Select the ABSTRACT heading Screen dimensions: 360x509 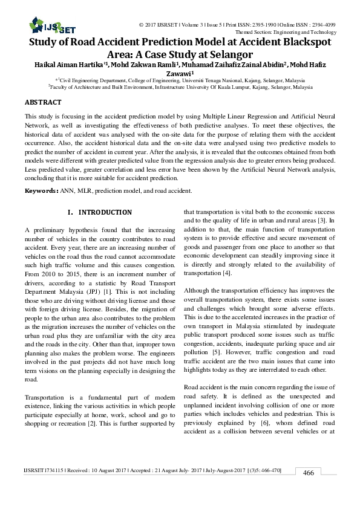click(43, 103)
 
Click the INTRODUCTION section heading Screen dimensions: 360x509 click(105, 212)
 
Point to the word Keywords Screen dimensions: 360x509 click(40, 191)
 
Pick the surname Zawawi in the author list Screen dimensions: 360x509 click(180, 76)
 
